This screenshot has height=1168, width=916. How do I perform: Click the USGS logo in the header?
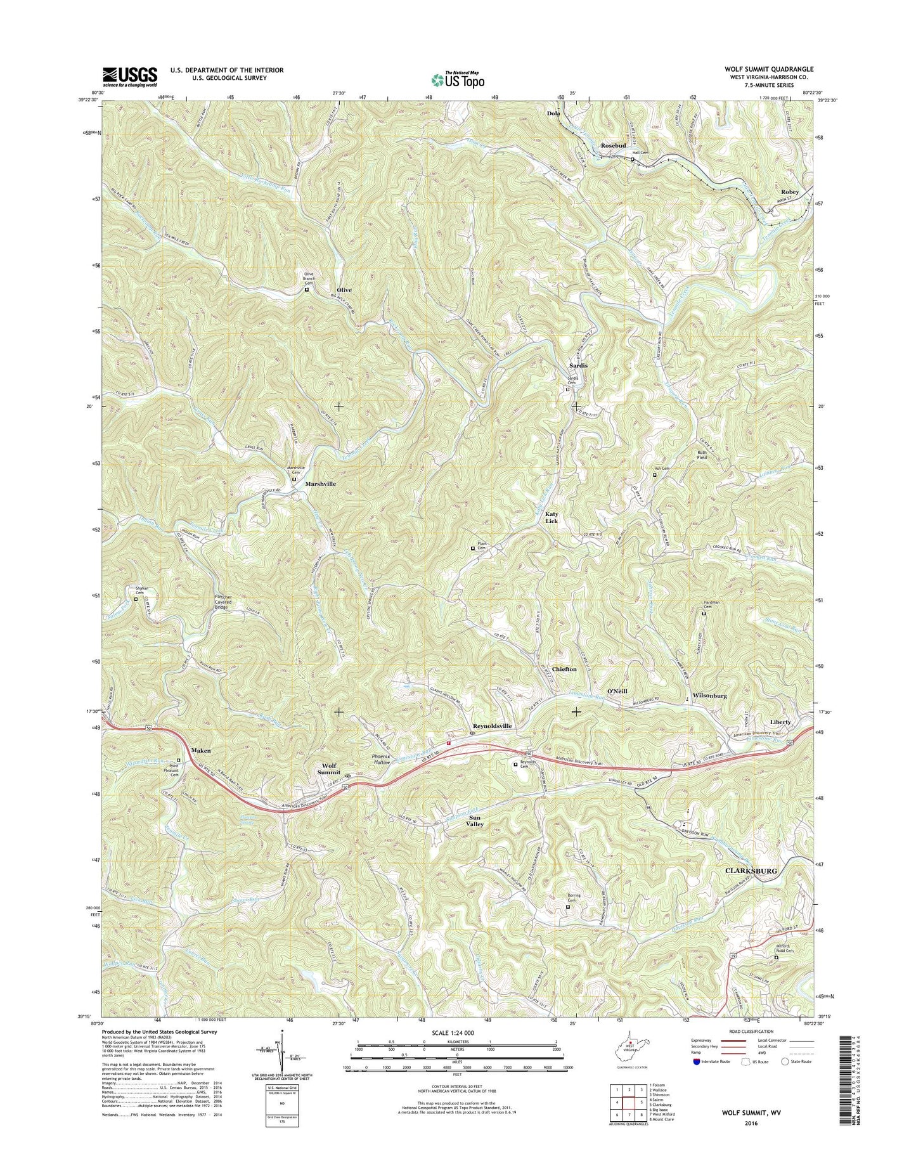[130, 77]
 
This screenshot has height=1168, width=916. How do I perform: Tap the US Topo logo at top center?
[457, 79]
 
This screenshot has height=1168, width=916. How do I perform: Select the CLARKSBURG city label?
[750, 871]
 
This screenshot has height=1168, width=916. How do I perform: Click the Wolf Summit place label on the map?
[328, 769]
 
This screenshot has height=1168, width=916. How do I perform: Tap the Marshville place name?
[320, 484]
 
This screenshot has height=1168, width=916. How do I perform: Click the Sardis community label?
[578, 366]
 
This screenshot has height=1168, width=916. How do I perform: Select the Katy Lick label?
[552, 517]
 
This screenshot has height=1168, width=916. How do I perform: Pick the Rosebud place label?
[613, 145]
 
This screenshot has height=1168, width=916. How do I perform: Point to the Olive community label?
[344, 290]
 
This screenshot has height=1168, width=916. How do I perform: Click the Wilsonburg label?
[709, 696]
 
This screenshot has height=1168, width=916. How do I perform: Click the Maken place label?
[200, 750]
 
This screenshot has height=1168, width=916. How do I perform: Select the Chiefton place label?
[564, 670]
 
